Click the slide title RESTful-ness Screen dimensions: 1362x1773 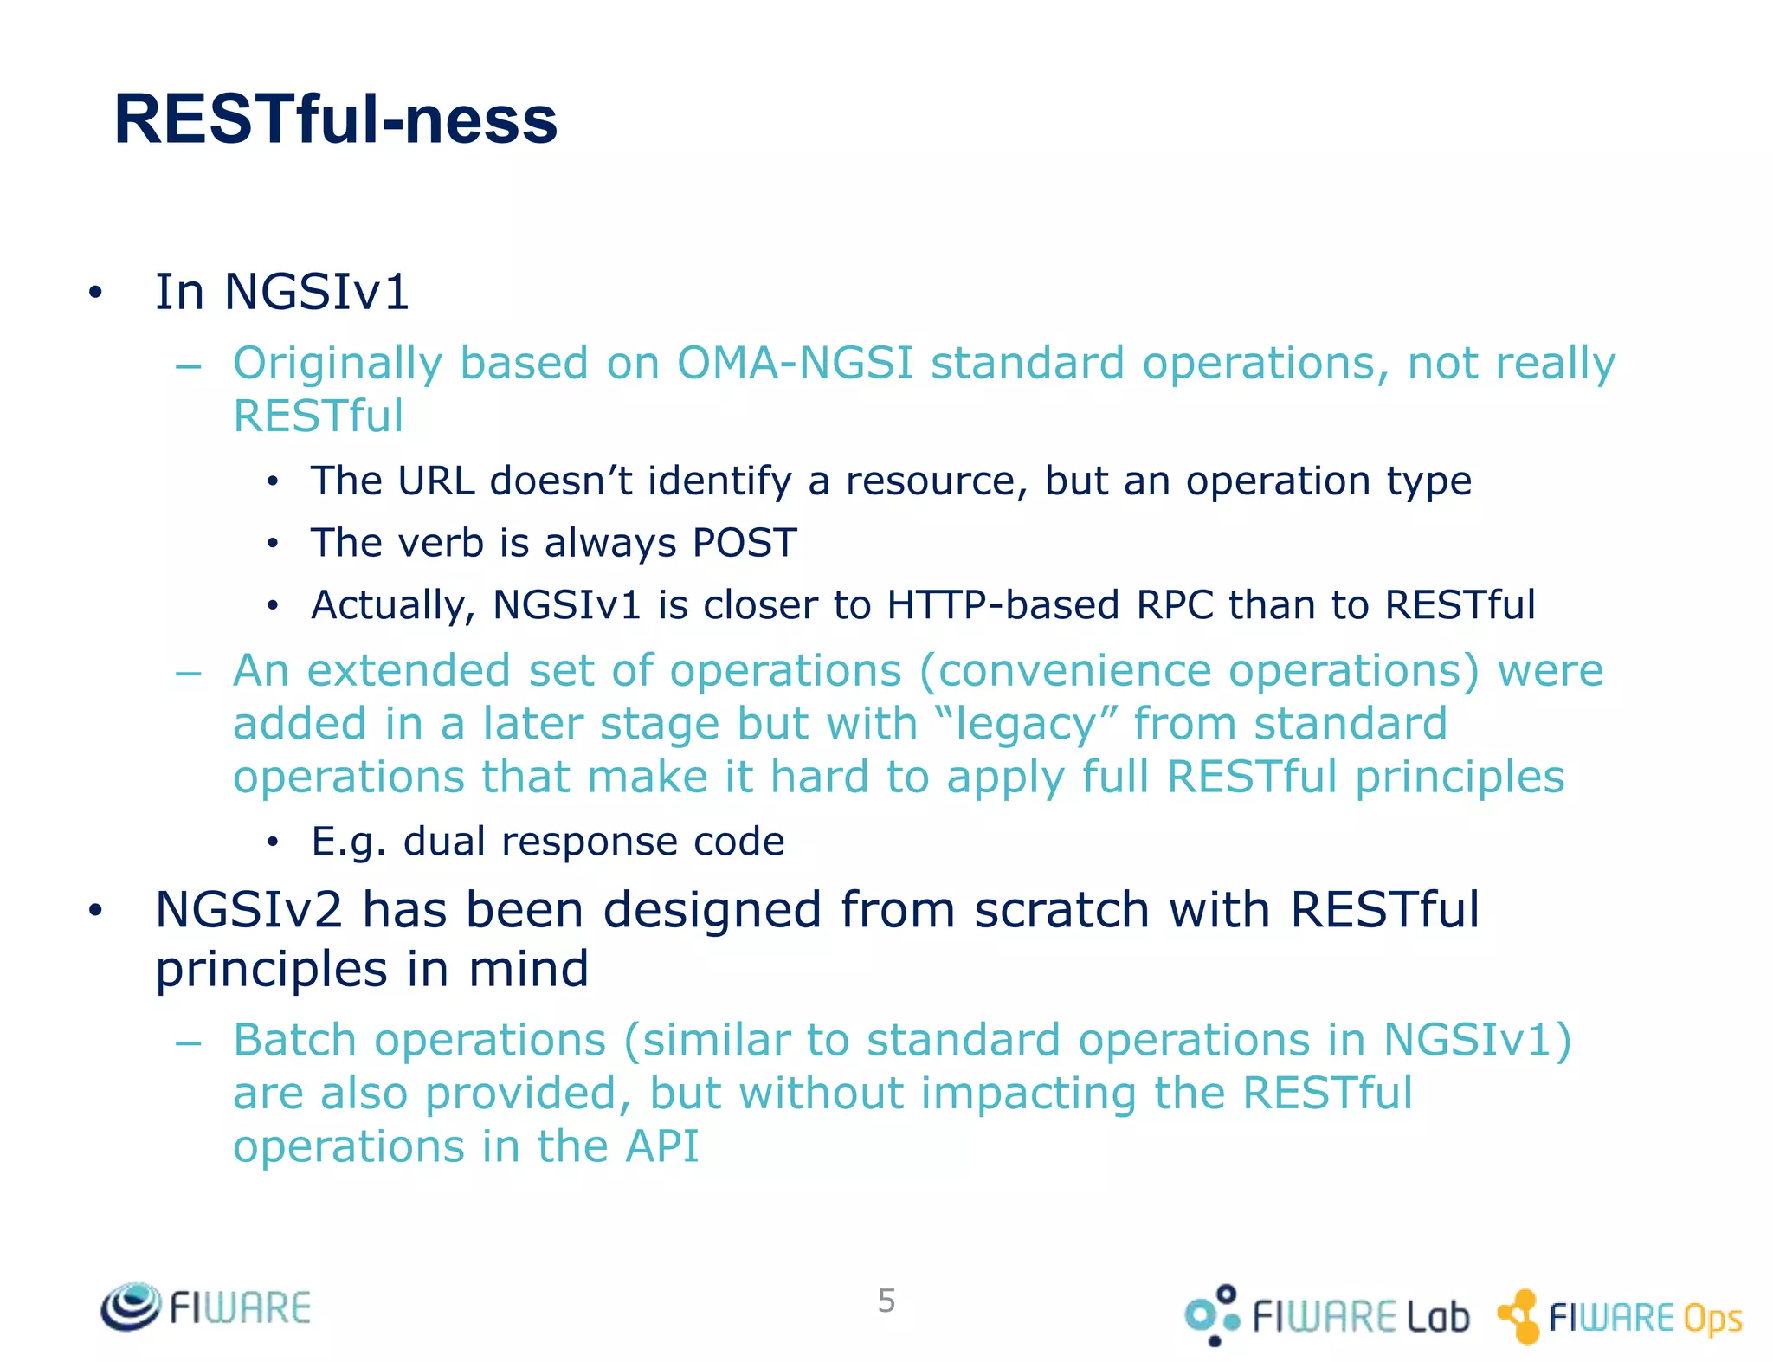point(336,119)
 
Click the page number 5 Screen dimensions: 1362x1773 point(886,1301)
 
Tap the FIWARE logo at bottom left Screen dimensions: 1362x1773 point(206,1307)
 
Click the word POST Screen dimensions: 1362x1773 point(745,544)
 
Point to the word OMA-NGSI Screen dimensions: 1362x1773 point(794,363)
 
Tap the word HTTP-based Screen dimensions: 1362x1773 point(1003,605)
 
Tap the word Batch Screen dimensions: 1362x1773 point(294,1040)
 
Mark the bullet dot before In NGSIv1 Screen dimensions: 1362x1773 point(95,294)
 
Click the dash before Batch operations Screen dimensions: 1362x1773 point(188,1042)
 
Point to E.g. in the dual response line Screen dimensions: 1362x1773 point(348,842)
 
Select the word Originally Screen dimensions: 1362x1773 point(338,364)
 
